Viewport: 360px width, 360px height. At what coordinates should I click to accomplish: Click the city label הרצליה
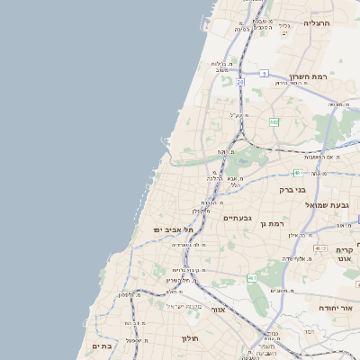tap(318, 23)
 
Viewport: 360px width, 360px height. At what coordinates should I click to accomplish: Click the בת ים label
tap(101, 346)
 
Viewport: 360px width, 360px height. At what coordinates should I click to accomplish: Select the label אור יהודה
tap(335, 309)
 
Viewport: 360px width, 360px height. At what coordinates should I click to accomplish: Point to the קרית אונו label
tap(345, 256)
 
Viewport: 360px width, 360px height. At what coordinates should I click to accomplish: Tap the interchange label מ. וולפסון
tap(130, 295)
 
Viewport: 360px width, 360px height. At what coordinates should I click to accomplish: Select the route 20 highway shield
tap(241, 82)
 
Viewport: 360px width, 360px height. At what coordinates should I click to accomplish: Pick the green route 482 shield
tap(274, 121)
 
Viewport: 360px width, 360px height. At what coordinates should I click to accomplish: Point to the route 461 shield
tap(252, 279)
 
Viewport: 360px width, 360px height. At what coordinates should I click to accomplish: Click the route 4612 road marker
tap(320, 248)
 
